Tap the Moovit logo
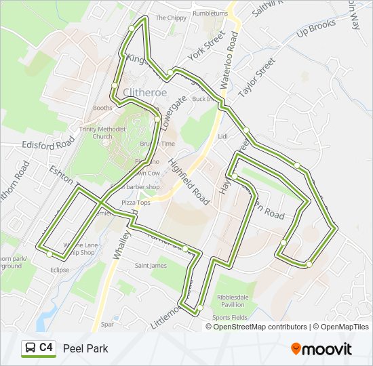click(321, 349)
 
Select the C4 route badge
click(38, 348)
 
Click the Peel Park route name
click(85, 349)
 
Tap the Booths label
click(102, 108)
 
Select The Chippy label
click(171, 18)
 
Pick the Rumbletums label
click(210, 13)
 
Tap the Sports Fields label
click(229, 317)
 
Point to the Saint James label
click(150, 266)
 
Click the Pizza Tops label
click(135, 203)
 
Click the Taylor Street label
click(257, 77)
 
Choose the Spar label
click(107, 325)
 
